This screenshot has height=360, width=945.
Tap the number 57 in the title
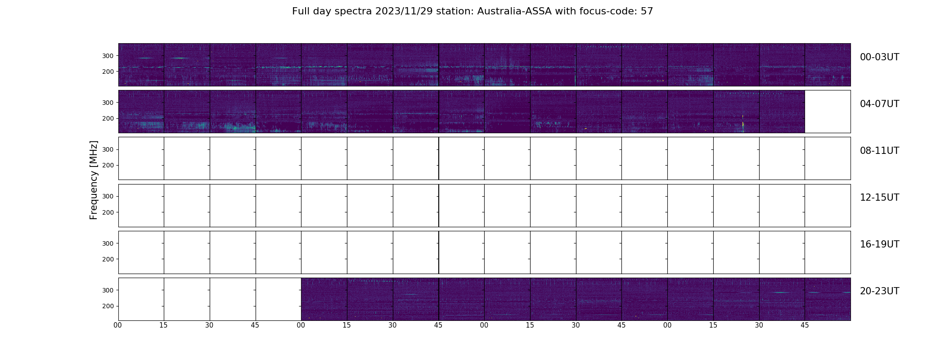(647, 11)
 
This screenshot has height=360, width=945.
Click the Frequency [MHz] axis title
(94, 180)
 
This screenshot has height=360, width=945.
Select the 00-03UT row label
(879, 57)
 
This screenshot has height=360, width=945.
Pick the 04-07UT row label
(879, 104)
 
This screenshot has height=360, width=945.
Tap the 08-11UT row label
(879, 151)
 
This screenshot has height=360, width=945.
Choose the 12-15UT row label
(879, 198)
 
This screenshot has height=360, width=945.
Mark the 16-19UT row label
(879, 244)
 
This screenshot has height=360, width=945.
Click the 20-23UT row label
(879, 291)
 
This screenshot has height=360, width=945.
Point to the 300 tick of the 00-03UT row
(108, 56)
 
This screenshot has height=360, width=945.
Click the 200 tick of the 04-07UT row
(108, 118)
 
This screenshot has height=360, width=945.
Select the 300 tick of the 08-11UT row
(108, 149)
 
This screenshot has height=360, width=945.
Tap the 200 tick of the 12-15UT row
(108, 212)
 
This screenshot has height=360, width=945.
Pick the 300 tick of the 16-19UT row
(108, 243)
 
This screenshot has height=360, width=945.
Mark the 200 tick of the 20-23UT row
(108, 306)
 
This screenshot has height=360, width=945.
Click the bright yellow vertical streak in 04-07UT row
(743, 124)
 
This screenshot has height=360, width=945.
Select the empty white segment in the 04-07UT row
(828, 112)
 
